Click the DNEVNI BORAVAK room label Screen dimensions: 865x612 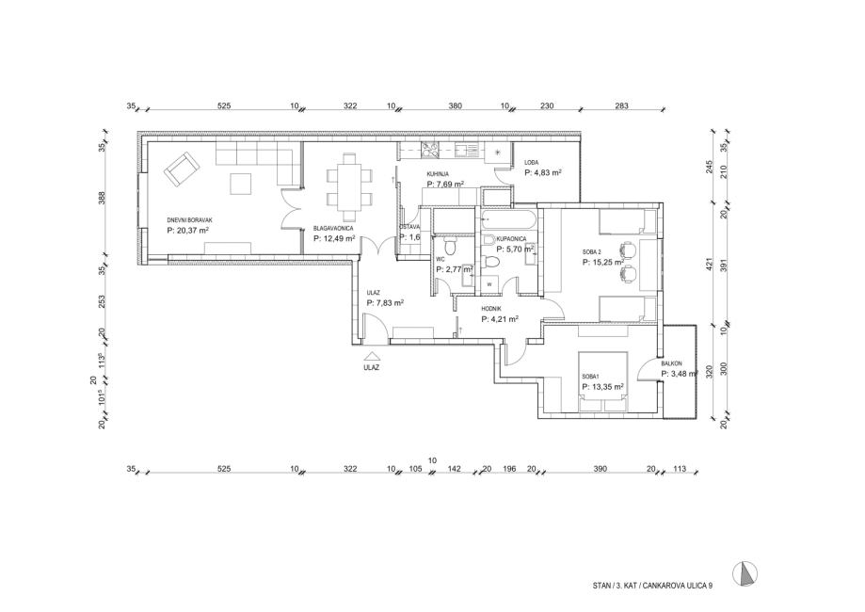(188, 220)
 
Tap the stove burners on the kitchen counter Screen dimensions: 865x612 (429, 148)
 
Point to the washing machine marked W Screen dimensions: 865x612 (490, 283)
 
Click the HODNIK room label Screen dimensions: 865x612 (491, 308)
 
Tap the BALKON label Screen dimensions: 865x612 (671, 362)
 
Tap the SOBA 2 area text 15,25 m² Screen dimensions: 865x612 (606, 263)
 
